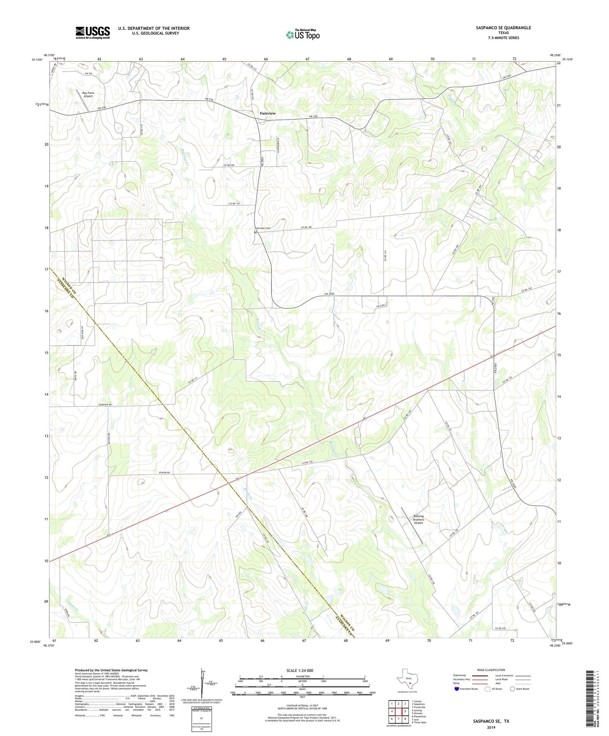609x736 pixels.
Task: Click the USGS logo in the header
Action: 93,32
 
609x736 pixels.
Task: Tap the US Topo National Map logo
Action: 303,34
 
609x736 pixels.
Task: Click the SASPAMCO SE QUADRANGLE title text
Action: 503,28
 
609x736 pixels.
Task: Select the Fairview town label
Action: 268,113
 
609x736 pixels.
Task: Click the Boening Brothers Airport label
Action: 418,520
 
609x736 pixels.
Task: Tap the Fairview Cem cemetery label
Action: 263,228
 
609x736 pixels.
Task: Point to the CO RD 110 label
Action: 234,204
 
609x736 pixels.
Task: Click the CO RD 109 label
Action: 229,165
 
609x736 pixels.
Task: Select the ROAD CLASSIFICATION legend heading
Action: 491,670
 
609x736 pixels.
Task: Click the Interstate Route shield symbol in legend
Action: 456,688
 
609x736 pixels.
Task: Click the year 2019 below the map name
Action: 491,727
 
